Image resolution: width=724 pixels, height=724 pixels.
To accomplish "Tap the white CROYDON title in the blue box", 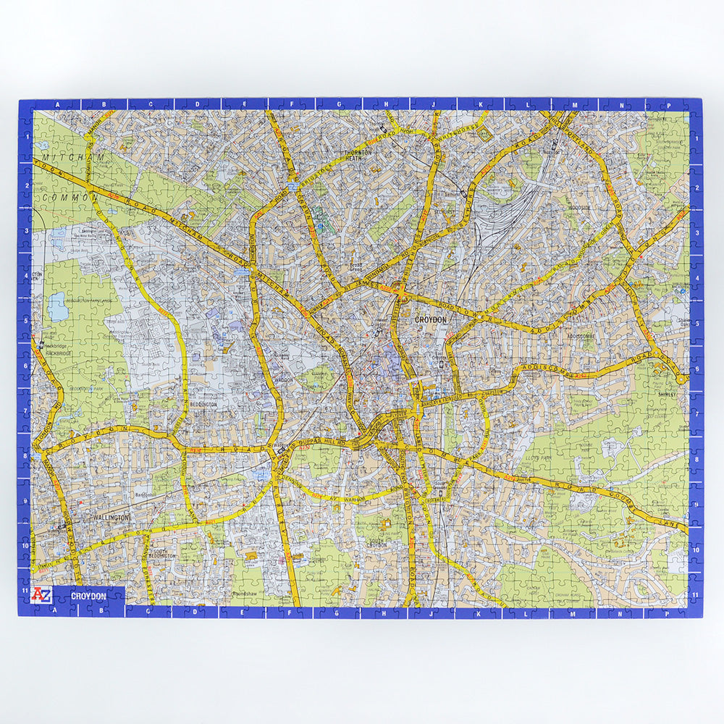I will tap(88, 596).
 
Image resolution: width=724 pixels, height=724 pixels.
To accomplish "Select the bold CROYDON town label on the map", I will tap(431, 319).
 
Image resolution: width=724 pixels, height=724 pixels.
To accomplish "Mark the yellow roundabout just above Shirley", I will tap(679, 377).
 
